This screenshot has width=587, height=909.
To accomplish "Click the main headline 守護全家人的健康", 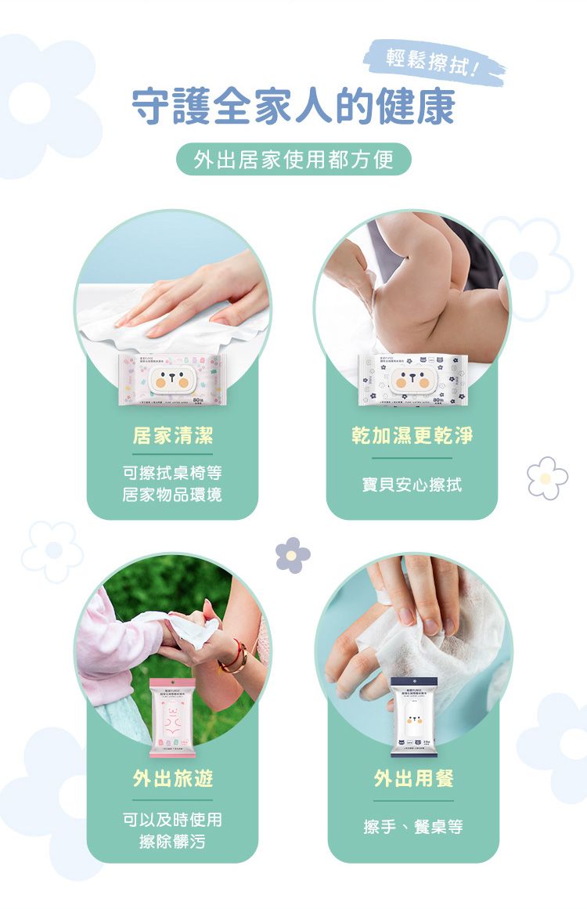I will [293, 107].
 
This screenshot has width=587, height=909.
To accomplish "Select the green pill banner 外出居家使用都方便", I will [293, 161].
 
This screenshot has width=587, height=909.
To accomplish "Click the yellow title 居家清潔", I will [172, 436].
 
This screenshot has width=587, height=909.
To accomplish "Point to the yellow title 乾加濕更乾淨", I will [412, 436].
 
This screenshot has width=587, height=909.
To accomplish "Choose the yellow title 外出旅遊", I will [172, 777].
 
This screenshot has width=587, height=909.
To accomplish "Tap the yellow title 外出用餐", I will [413, 777].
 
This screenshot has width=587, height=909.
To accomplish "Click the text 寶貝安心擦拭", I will [412, 485].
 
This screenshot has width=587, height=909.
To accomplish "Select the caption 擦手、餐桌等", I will [413, 827].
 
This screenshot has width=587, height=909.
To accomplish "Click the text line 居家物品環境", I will [172, 495].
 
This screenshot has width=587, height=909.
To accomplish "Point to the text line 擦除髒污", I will [172, 841].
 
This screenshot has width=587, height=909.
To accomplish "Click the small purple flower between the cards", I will [293, 554].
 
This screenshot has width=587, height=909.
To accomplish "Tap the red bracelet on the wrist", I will [234, 658].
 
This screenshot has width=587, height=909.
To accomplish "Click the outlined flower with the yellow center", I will [547, 478].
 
